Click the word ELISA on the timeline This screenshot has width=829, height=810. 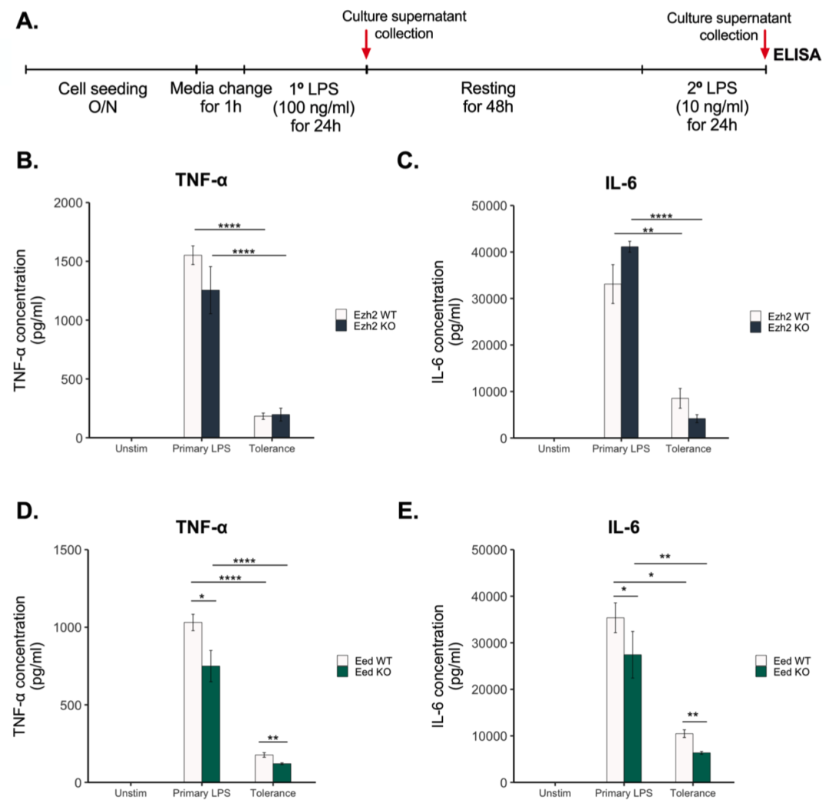(x=799, y=55)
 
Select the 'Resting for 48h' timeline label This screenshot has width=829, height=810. (x=488, y=97)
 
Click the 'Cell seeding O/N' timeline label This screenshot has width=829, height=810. (x=103, y=97)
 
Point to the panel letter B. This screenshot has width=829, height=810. (x=27, y=162)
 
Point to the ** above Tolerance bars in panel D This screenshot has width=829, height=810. (x=273, y=739)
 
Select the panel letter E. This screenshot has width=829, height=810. (x=448, y=509)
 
